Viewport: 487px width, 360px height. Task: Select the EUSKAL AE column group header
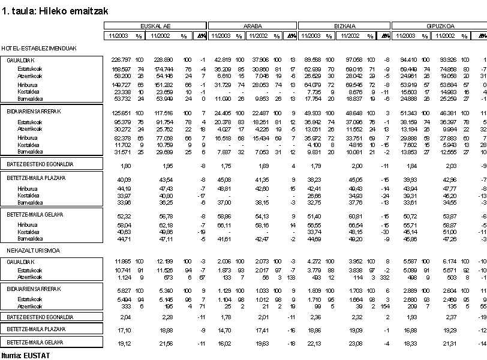(155, 26)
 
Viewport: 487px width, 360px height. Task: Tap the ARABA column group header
(252, 26)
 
